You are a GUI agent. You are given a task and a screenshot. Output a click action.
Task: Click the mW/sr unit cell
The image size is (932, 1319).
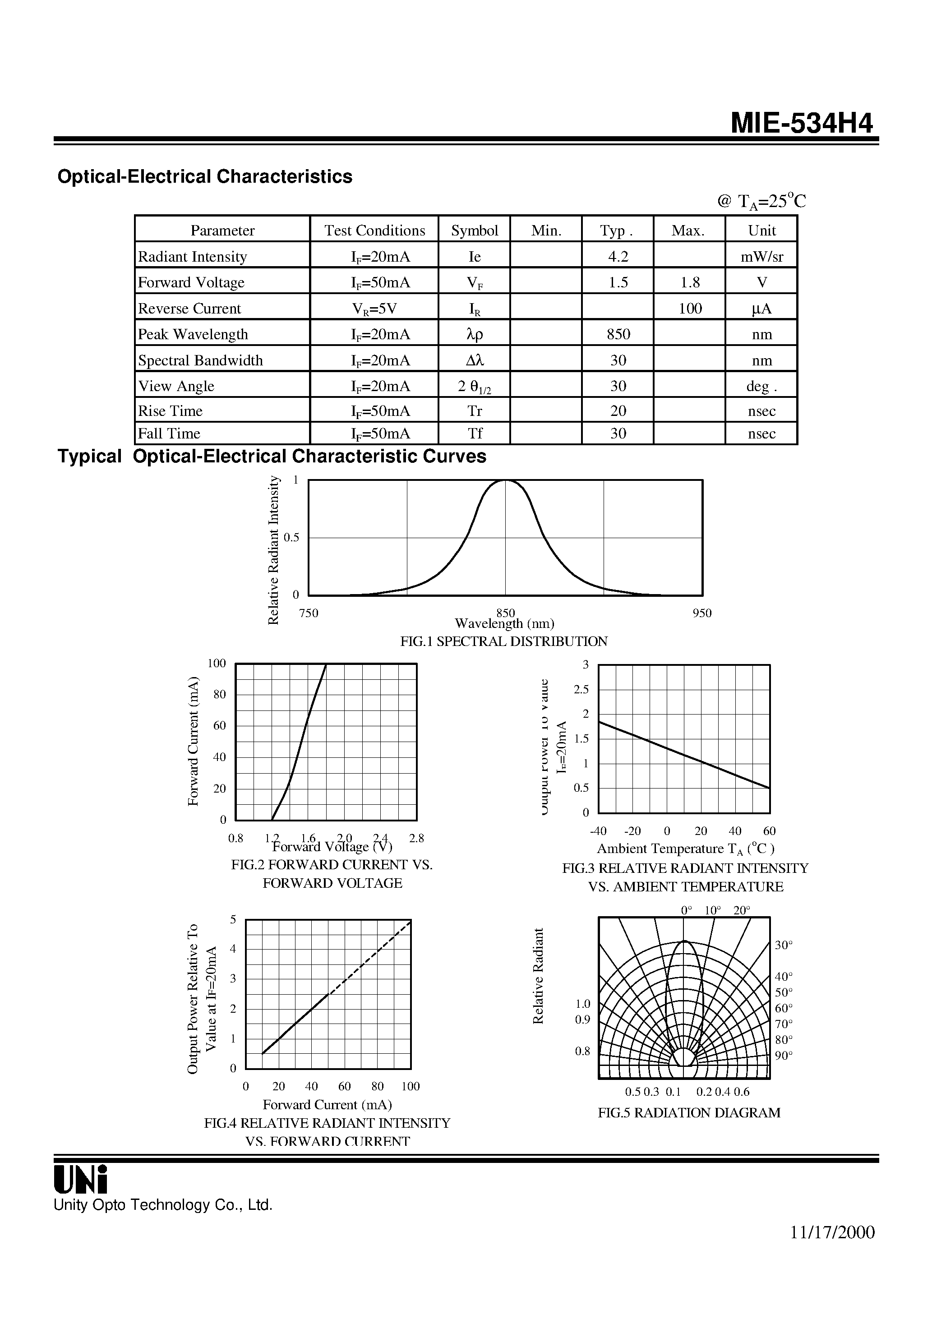pos(761,256)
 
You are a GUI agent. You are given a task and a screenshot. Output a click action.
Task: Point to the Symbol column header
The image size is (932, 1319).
pos(474,231)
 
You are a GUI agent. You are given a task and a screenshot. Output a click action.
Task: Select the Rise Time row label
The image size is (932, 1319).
pos(170,411)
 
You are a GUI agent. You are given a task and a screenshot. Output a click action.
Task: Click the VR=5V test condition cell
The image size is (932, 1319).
pos(374,309)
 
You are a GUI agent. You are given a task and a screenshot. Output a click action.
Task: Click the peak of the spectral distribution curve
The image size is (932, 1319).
pos(506,480)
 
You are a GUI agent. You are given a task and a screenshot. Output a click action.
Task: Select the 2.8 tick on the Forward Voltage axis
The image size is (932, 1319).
pos(416,838)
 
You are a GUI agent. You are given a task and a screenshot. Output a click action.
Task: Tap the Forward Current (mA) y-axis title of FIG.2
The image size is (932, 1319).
pos(193,741)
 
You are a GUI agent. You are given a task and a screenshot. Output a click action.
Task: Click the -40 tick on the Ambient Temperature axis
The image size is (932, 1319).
pos(598,831)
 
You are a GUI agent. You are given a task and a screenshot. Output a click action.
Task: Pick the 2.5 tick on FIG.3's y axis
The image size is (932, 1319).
pos(581,689)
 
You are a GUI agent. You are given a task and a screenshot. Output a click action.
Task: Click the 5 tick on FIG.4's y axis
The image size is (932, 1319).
pos(233,920)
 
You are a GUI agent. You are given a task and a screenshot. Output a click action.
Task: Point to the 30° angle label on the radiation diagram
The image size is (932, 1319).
pos(784,945)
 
